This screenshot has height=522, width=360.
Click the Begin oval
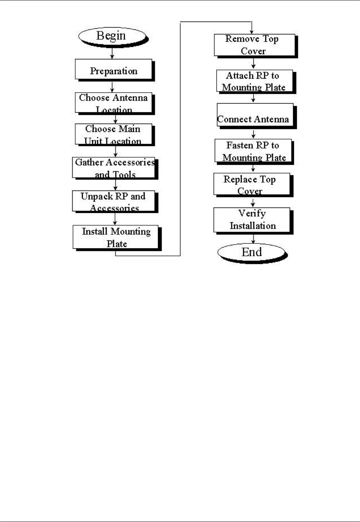[x=112, y=36]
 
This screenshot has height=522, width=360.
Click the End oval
[x=251, y=252]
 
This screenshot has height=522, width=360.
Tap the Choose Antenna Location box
[x=113, y=103]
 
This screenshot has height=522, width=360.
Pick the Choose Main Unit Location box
[x=113, y=134]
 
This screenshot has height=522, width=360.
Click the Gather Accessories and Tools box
[x=114, y=168]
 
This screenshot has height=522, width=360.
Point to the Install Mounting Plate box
[x=116, y=237]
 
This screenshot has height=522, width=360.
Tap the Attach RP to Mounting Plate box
[x=254, y=81]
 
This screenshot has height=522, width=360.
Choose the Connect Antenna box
[x=254, y=116]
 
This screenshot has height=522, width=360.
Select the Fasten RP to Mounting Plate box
[x=253, y=151]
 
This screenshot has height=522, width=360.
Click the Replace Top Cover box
[x=252, y=184]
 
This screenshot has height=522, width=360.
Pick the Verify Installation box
[x=252, y=220]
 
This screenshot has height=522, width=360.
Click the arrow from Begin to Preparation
[x=112, y=54]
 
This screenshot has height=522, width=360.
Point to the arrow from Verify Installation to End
[x=253, y=239]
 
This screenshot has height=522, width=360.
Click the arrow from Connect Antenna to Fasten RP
[x=253, y=134]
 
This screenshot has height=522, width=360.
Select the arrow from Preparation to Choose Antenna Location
[x=112, y=87]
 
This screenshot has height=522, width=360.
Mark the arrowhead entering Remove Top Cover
[x=251, y=31]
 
